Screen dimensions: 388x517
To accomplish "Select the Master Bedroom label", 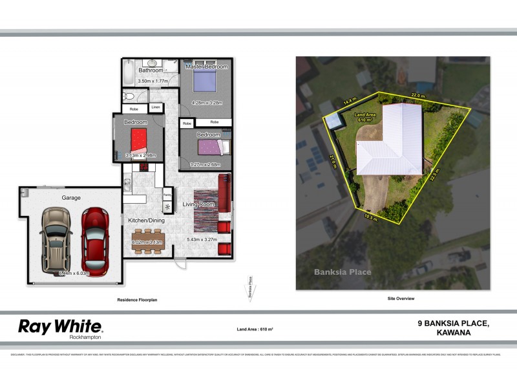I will click(x=207, y=67).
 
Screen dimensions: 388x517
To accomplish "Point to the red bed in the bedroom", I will click(x=139, y=140).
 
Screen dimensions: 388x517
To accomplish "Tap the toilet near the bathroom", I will click(x=128, y=97).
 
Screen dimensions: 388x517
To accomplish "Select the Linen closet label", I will click(x=156, y=107).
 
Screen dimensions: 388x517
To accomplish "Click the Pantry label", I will click(x=167, y=194).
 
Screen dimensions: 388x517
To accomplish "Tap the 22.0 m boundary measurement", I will click(x=419, y=95).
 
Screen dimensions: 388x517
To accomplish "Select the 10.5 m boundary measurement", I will click(x=371, y=216).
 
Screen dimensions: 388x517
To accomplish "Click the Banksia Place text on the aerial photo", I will click(x=343, y=272).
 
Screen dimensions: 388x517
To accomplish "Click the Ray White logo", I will click(x=60, y=327).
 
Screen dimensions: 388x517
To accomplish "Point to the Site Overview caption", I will click(x=401, y=299).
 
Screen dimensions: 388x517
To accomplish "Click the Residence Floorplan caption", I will click(x=137, y=300).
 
